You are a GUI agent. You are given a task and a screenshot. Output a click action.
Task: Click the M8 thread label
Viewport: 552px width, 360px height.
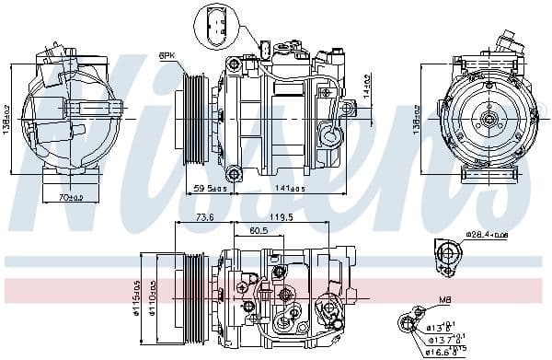443,299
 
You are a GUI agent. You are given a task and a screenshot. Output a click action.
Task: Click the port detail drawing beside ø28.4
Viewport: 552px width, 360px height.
446,257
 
